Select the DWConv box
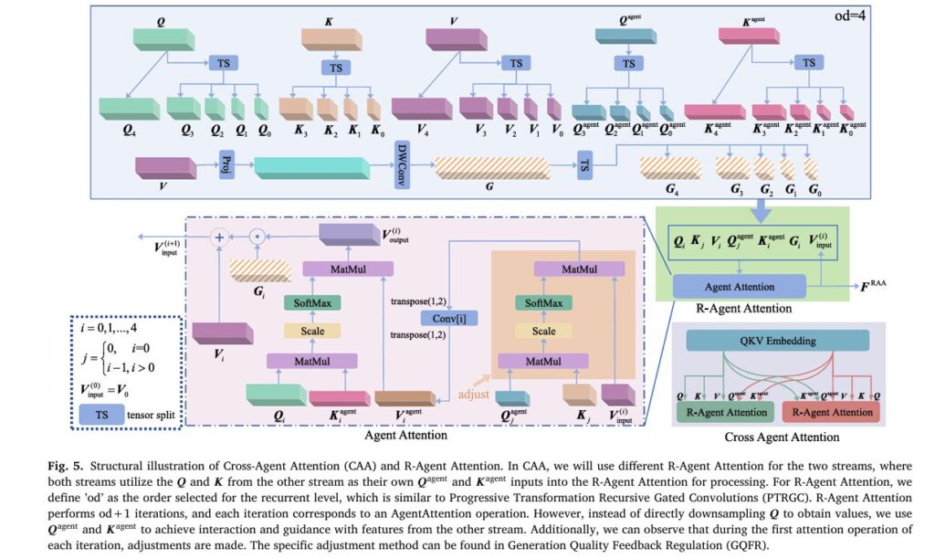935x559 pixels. coord(400,164)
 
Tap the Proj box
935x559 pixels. coord(226,166)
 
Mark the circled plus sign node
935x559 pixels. coord(219,237)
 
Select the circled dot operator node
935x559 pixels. coord(258,237)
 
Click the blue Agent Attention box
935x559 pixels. coord(740,287)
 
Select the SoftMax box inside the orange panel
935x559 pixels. coord(561,302)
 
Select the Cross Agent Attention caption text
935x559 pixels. coord(776,437)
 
